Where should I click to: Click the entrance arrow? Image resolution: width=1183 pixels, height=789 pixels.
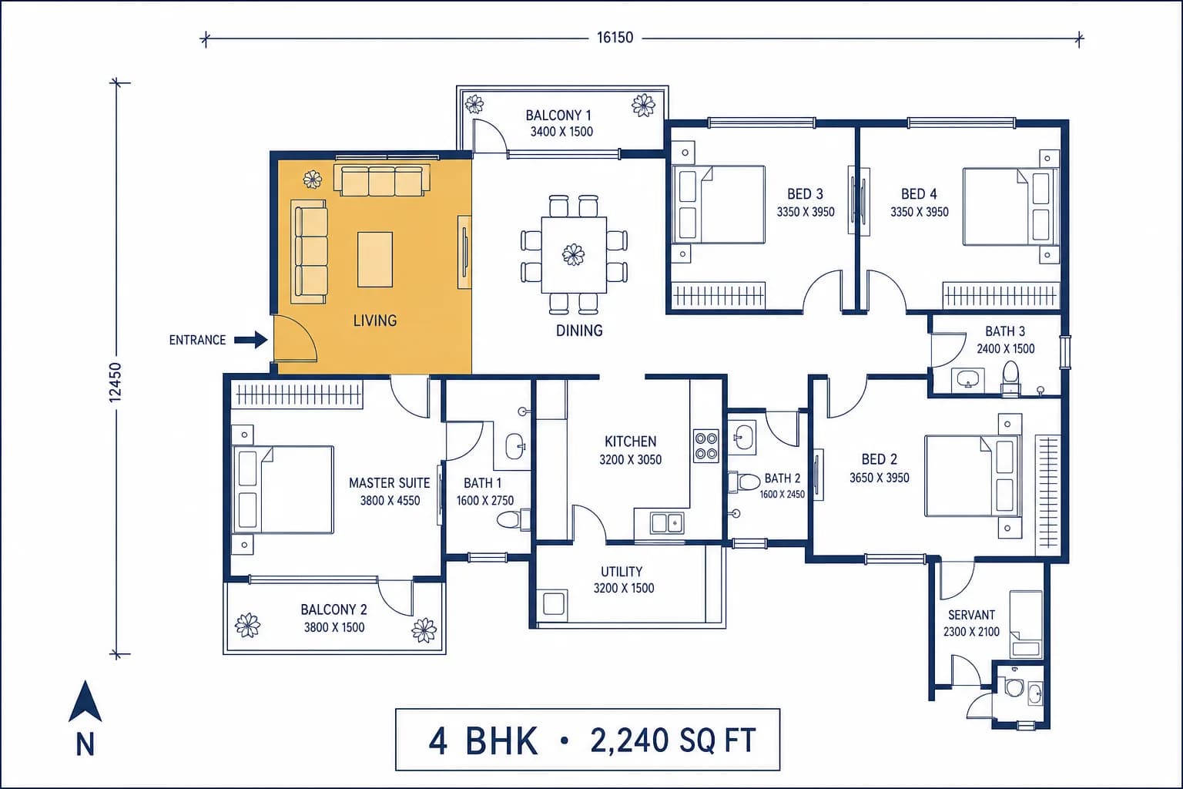point(251,340)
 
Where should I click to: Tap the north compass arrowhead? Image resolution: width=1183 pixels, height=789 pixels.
point(85,702)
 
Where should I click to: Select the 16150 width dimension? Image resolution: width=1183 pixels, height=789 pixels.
point(615,38)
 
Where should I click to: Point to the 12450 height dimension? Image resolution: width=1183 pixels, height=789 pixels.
point(115,382)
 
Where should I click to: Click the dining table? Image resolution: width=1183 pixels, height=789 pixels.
point(574,255)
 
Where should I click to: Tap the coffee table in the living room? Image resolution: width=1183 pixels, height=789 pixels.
point(375,259)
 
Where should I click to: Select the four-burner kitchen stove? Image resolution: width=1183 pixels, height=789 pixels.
point(706,446)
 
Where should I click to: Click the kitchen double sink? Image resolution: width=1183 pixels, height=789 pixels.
point(667,523)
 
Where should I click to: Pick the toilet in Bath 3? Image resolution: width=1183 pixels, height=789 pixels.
point(1010,378)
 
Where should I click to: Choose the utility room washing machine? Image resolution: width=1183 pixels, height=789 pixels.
point(553,604)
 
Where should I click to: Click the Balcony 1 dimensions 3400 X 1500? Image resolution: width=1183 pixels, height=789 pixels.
point(561,132)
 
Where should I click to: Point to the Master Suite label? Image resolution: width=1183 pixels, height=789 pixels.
point(389,483)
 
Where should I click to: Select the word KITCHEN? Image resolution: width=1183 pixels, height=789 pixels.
point(631,442)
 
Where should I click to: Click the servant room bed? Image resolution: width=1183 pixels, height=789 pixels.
point(1026,625)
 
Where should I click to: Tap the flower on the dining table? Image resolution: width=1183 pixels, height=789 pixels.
point(573,255)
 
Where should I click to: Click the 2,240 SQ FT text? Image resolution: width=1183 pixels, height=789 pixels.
point(673,740)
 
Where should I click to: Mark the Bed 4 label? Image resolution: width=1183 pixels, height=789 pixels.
point(919,194)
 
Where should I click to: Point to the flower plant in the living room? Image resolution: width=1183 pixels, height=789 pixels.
point(313,180)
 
